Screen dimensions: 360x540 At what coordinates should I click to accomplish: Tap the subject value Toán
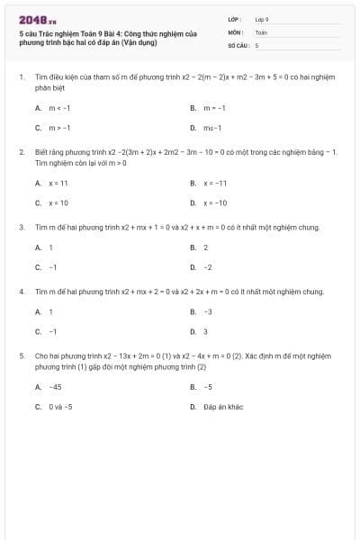point(261,31)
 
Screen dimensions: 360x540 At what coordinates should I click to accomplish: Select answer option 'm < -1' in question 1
point(57,107)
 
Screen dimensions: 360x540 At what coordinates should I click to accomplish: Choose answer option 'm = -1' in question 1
point(213,107)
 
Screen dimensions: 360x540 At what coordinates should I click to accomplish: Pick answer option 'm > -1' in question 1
point(57,127)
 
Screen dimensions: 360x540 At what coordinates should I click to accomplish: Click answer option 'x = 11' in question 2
point(58,183)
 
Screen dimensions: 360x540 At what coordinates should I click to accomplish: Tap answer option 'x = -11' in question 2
point(214,183)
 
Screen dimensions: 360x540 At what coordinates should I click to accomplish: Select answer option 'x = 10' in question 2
point(58,202)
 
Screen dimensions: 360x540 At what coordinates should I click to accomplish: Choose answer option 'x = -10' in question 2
point(214,202)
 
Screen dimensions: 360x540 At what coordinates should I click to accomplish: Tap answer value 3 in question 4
point(205,331)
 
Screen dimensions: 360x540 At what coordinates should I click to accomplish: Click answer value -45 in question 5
point(55,386)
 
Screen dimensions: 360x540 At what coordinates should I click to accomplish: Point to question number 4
point(21,292)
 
